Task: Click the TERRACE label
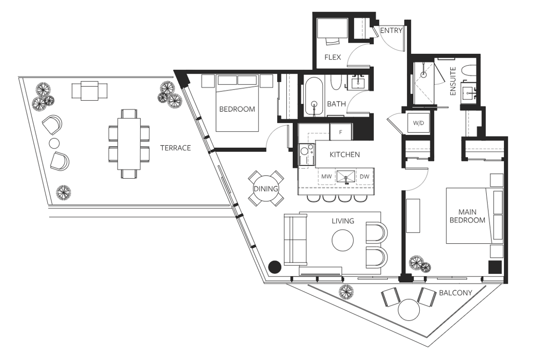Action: [175, 148]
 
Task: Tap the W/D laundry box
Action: [418, 123]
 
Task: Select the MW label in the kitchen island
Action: [326, 177]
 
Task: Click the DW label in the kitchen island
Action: [364, 177]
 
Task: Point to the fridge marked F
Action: [341, 132]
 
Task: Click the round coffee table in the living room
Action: [342, 240]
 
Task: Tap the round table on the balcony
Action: [408, 309]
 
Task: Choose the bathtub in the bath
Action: [314, 97]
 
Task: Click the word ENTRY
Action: [392, 30]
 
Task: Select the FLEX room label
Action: [333, 57]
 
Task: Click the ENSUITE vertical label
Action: [453, 81]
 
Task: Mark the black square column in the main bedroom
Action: [495, 267]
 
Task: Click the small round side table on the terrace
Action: [54, 143]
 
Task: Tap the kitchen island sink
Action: [346, 177]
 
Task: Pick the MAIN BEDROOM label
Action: [467, 216]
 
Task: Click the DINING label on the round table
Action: [266, 189]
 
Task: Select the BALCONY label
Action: [455, 292]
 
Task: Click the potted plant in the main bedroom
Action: [419, 264]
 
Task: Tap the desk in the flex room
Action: [332, 28]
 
